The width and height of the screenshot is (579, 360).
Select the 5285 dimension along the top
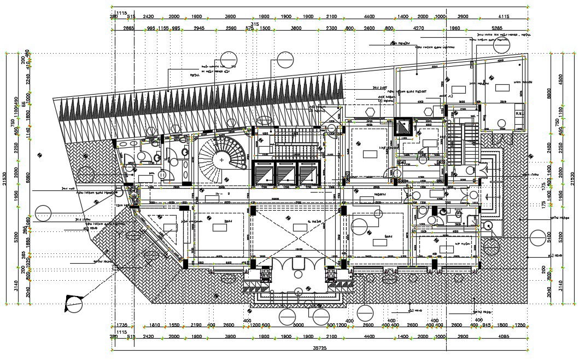click(x=497, y=27)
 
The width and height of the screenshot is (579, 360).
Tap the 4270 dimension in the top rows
click(x=418, y=27)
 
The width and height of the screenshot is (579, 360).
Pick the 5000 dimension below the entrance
click(x=298, y=326)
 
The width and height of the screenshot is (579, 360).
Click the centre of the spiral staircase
click(x=221, y=159)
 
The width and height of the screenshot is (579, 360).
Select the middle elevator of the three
click(x=286, y=173)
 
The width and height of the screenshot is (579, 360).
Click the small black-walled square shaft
click(x=403, y=126)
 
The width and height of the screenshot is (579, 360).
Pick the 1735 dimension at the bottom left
click(x=121, y=326)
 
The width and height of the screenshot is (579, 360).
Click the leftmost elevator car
click(x=262, y=173)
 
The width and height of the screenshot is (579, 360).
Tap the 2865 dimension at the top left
click(x=129, y=27)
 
